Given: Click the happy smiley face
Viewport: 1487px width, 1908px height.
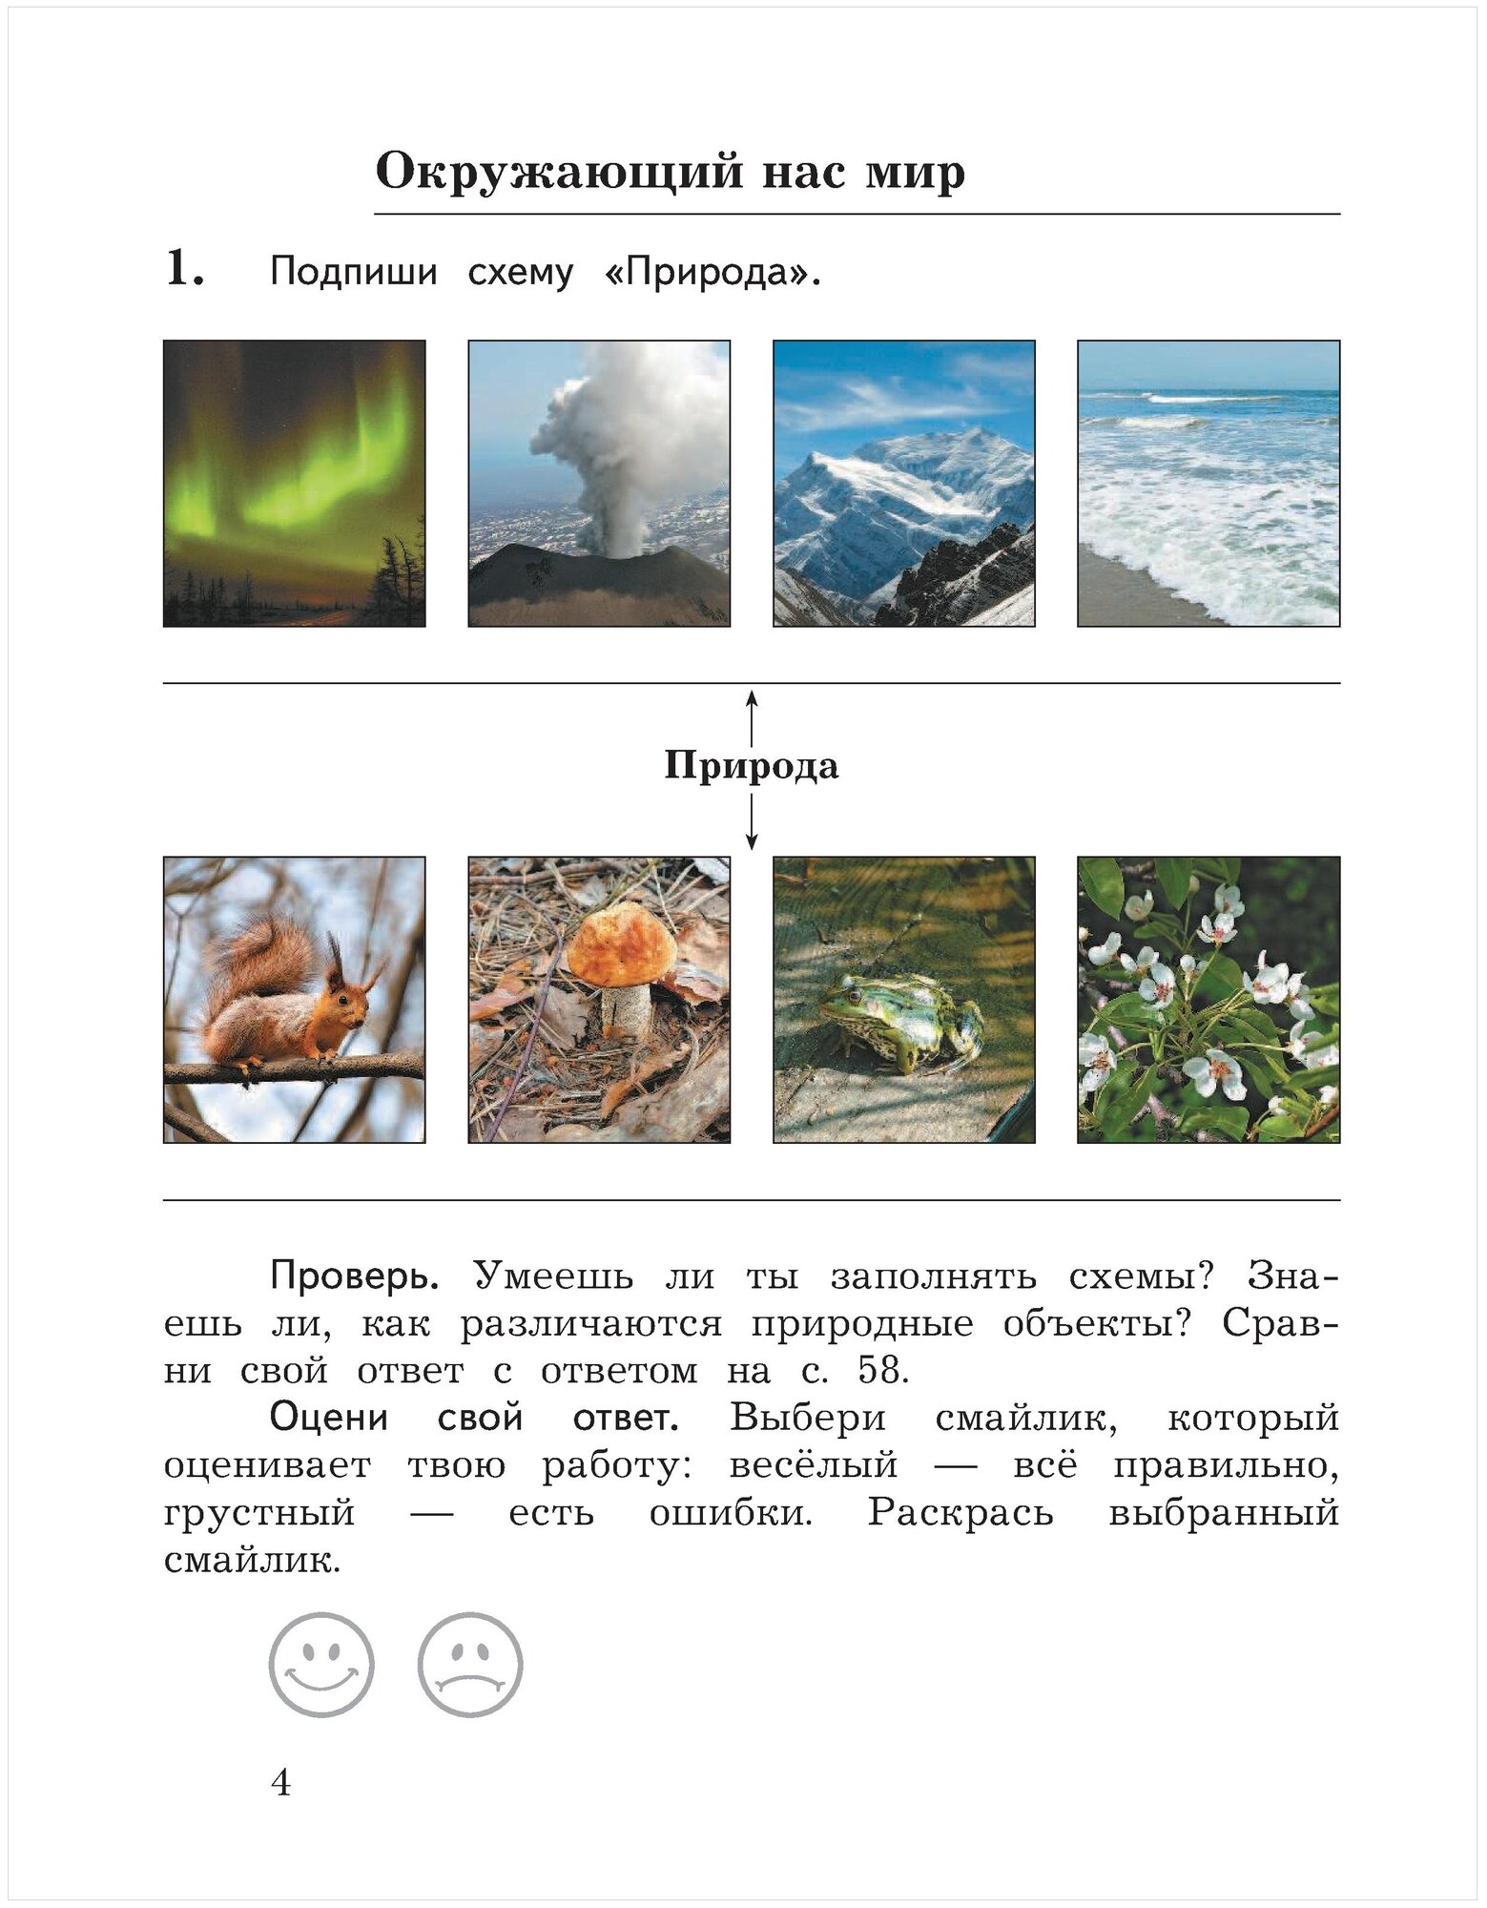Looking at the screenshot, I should pyautogui.click(x=321, y=1665).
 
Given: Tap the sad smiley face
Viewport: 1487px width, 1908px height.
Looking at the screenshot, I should pyautogui.click(x=470, y=1665).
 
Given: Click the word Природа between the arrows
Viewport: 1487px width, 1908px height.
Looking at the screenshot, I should pyautogui.click(x=752, y=766).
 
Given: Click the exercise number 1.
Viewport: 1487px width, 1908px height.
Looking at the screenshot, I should pyautogui.click(x=184, y=270).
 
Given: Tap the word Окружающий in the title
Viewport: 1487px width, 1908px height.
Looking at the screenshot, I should pyautogui.click(x=558, y=173).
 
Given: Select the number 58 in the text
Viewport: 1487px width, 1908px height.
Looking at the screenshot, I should pyautogui.click(x=879, y=1370).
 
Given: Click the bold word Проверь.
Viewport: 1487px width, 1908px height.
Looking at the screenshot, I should pyautogui.click(x=354, y=1275).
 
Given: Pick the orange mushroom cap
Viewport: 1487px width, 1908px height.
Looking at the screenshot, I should pyautogui.click(x=623, y=948).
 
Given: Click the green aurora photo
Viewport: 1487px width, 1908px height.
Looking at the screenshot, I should pyautogui.click(x=295, y=483).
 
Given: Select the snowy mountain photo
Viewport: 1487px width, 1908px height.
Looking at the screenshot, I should pyautogui.click(x=903, y=483).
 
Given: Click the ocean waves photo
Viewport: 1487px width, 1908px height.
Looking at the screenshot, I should pyautogui.click(x=1208, y=483).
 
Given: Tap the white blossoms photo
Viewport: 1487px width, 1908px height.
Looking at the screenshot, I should pyautogui.click(x=1208, y=1000).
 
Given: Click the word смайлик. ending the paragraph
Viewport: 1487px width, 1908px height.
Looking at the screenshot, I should pyautogui.click(x=252, y=1562).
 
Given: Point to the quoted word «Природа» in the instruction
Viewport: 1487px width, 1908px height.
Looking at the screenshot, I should pyautogui.click(x=712, y=273).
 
